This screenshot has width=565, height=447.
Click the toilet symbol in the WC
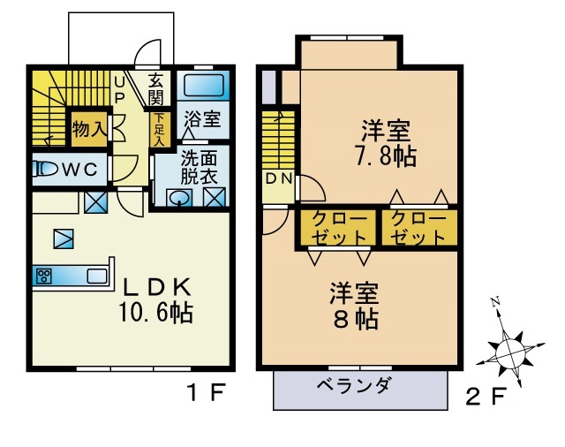pyautogui.click(x=45, y=169)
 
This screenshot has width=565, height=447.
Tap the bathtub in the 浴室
pyautogui.click(x=204, y=86)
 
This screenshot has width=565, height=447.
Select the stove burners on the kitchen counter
pyautogui.click(x=44, y=277)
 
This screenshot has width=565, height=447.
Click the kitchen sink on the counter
pyautogui.click(x=96, y=277)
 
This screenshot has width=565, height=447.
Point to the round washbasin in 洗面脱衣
pyautogui.click(x=180, y=198)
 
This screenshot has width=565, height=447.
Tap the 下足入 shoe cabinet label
pyautogui.click(x=159, y=129)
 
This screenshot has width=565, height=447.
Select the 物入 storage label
pyautogui.click(x=89, y=129)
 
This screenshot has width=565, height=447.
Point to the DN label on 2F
pyautogui.click(x=279, y=178)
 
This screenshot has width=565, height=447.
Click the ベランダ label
pyautogui.click(x=353, y=385)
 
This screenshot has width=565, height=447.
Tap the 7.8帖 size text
pyautogui.click(x=386, y=156)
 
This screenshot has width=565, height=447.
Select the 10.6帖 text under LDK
pyautogui.click(x=155, y=312)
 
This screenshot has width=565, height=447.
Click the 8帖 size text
pyautogui.click(x=355, y=318)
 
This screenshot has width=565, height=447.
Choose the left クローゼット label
pyautogui.click(x=337, y=228)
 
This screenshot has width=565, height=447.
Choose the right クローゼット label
pyautogui.click(x=418, y=228)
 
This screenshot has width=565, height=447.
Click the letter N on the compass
pyautogui.click(x=496, y=301)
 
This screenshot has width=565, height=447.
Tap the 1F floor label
pyautogui.click(x=206, y=392)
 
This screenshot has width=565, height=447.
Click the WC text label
pyautogui.click(x=80, y=169)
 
